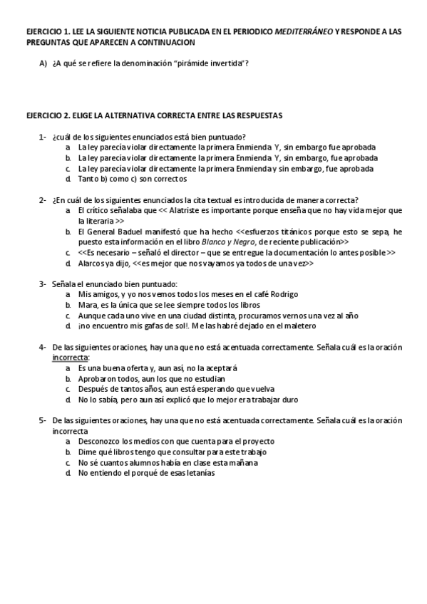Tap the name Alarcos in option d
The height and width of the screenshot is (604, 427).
tap(91, 263)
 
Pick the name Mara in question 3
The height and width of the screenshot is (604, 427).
tap(87, 305)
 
